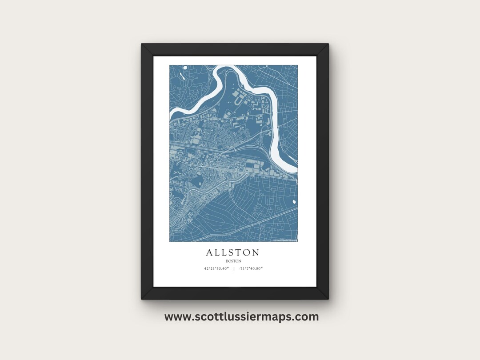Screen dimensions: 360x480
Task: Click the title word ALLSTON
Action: pos(233,253)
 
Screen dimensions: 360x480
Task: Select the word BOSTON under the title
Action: pos(233,261)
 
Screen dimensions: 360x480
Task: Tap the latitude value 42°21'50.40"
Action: pos(216,268)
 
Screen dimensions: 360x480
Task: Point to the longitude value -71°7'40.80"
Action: pos(251,268)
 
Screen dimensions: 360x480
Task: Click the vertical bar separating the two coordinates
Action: pos(234,268)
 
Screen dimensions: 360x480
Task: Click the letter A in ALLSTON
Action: pos(209,253)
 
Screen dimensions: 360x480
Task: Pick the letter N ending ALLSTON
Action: pos(256,253)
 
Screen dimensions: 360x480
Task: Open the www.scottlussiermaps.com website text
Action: pos(241,317)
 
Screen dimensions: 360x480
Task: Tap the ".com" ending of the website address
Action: pos(307,317)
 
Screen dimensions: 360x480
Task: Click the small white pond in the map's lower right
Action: pos(294,202)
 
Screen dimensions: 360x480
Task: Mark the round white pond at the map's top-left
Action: pos(185,68)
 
